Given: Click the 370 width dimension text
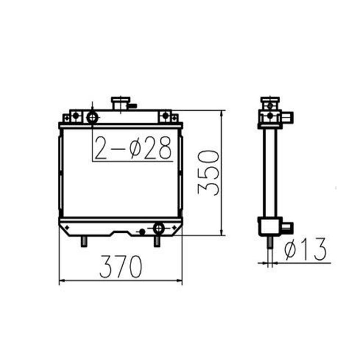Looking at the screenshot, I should tap(120, 267).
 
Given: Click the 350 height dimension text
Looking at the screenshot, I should tap(208, 172).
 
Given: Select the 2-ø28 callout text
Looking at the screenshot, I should tap(133, 148).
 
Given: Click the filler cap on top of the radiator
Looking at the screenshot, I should tap(120, 103).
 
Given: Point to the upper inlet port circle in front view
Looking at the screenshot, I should tap(92, 118).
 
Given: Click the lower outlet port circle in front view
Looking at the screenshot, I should tap(159, 228).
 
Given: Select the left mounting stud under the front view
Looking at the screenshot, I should tap(84, 240).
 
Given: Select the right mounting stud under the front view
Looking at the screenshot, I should tap(157, 241).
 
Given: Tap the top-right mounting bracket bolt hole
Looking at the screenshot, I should tap(165, 116).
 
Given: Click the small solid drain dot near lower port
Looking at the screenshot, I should tap(142, 231).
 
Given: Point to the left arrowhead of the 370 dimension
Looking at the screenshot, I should tap(62, 281).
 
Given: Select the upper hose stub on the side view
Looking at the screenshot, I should tap(288, 118).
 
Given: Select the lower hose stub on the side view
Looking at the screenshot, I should tap(287, 227).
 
